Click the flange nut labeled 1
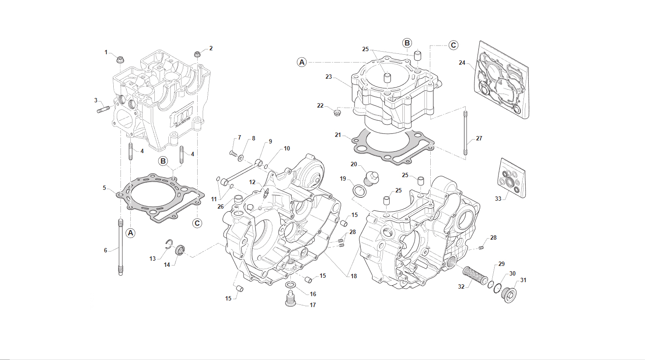(120, 58)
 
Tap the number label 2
(211, 48)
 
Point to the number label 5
(105, 188)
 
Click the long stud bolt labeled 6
(120, 248)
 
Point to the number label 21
(338, 135)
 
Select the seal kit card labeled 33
(512, 179)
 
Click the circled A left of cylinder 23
(302, 62)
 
